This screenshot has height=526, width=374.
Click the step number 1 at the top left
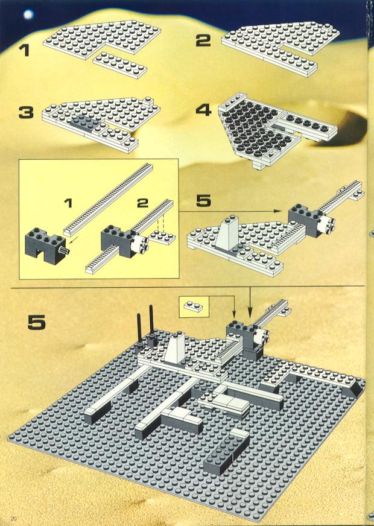tap(25, 50)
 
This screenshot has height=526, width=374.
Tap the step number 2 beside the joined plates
tap(203, 40)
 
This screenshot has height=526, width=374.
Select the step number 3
tap(26, 112)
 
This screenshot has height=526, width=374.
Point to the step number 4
tap(204, 110)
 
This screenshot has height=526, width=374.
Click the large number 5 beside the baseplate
tap(37, 322)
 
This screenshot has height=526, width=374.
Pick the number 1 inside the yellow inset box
tap(68, 203)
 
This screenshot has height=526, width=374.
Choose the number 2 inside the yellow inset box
tap(142, 203)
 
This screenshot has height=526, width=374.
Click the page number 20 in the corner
tap(14, 518)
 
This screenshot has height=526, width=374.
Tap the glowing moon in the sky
tap(28, 14)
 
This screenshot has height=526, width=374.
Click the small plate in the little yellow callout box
tap(194, 306)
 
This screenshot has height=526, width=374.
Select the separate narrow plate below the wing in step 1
tap(119, 65)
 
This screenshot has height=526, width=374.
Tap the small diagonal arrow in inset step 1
tap(75, 239)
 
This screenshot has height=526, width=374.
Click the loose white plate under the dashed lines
tap(162, 238)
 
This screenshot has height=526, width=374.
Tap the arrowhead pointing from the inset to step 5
tap(277, 211)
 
